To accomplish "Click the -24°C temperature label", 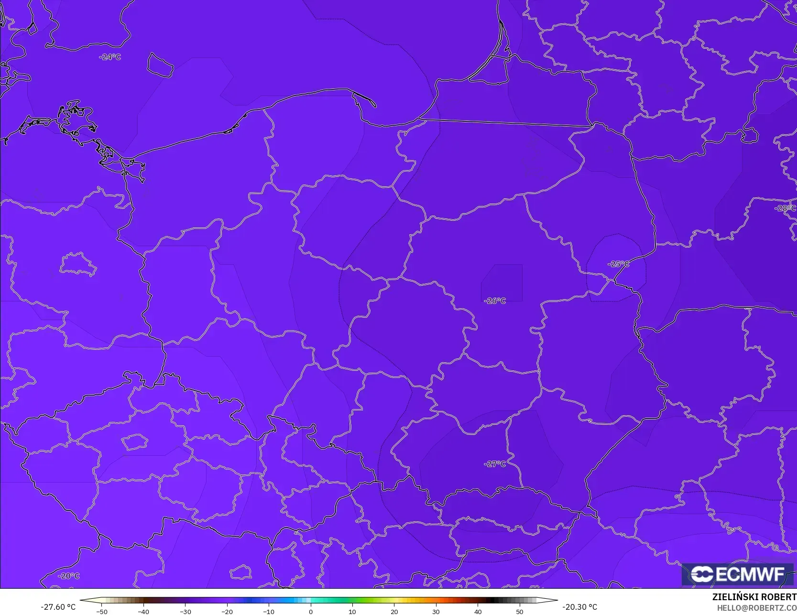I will pyautogui.click(x=110, y=57).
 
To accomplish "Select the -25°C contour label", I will pyautogui.click(x=618, y=264).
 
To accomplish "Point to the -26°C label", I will pyautogui.click(x=495, y=301).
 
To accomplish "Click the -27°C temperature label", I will pyautogui.click(x=495, y=464).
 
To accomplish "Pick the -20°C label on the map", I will pyautogui.click(x=69, y=576).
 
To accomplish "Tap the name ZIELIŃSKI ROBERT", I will pyautogui.click(x=754, y=597).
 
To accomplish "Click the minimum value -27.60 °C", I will pyautogui.click(x=58, y=607).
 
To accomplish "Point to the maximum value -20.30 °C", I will pyautogui.click(x=579, y=607).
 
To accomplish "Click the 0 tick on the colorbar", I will pyautogui.click(x=310, y=612).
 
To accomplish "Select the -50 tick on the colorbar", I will pyautogui.click(x=101, y=612).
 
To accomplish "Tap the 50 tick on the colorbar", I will pyautogui.click(x=520, y=612).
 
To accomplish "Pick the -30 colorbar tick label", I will pyautogui.click(x=185, y=612).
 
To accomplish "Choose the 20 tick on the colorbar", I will pyautogui.click(x=394, y=612).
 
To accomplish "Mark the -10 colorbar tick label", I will pyautogui.click(x=269, y=612).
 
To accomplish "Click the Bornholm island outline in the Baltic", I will pyautogui.click(x=160, y=65).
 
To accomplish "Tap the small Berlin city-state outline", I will pyautogui.click(x=78, y=264).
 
